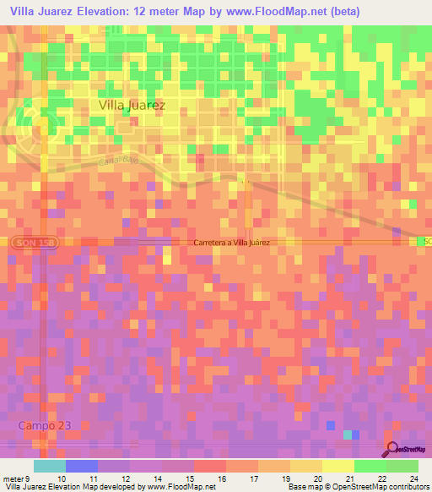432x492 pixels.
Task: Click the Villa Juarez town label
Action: [132, 106]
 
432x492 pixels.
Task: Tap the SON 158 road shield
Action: [25, 243]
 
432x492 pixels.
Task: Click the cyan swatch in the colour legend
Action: [50, 466]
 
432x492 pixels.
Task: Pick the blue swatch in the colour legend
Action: [82, 466]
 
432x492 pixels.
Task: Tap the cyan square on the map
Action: [348, 435]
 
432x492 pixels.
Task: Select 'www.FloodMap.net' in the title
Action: [278, 12]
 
